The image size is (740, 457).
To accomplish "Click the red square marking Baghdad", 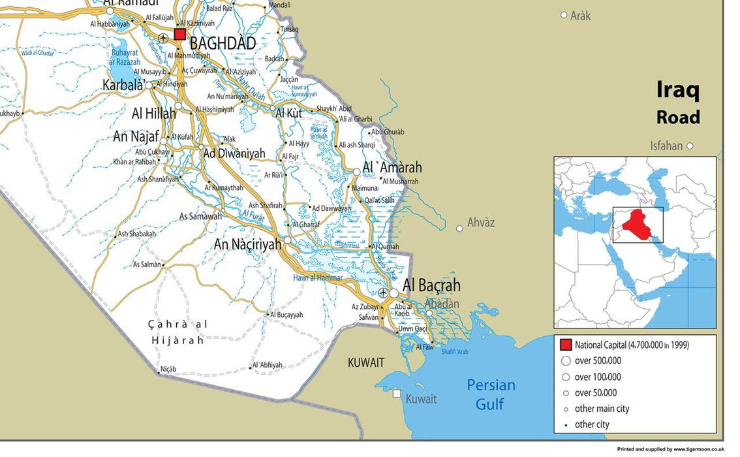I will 179,34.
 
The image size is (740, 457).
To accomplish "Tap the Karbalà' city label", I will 123,85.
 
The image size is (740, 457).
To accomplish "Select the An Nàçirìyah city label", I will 248,244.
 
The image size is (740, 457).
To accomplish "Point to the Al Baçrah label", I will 431,285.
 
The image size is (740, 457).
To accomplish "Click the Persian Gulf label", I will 491,394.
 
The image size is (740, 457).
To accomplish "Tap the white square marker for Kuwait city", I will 396,393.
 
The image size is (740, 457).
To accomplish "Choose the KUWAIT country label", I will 366,362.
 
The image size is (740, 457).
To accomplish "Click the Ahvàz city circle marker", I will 459,228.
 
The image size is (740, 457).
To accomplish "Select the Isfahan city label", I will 666,146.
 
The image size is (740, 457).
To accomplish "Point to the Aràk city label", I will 580,15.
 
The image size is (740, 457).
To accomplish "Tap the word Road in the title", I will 678,117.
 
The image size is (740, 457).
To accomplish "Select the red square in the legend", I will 566,345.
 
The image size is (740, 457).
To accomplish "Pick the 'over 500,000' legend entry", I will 597,360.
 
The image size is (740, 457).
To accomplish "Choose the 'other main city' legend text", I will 602,409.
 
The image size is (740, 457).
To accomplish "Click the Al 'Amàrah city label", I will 392,168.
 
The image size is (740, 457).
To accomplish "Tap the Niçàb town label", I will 168,369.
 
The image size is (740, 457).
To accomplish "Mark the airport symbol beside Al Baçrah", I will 383,293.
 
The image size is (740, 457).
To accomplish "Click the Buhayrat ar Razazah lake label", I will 125,57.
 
